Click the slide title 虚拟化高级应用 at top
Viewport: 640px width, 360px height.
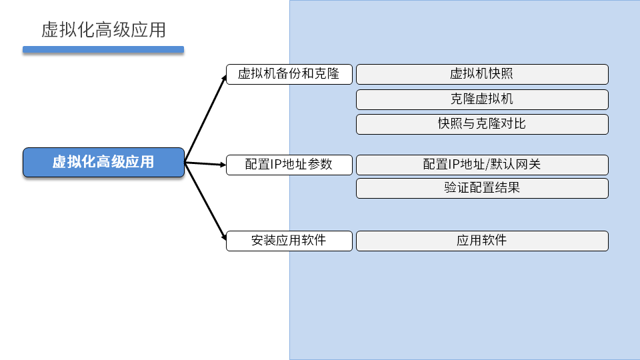[103, 30]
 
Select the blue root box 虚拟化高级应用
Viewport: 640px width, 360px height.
[103, 162]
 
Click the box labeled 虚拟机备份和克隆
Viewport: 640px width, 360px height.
[289, 73]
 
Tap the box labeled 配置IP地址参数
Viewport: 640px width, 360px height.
[289, 165]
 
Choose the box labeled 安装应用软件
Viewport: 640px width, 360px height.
[289, 241]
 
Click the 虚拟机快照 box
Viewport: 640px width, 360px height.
[482, 74]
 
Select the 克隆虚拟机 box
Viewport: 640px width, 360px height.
[482, 99]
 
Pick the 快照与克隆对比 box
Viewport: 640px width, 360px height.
[482, 124]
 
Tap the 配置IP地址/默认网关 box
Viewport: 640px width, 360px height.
[482, 165]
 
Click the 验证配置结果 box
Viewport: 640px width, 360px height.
[482, 188]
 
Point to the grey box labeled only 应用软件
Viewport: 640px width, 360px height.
[482, 241]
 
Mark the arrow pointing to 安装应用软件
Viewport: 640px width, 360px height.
[205, 201]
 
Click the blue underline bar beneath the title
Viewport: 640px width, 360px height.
[103, 49]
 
